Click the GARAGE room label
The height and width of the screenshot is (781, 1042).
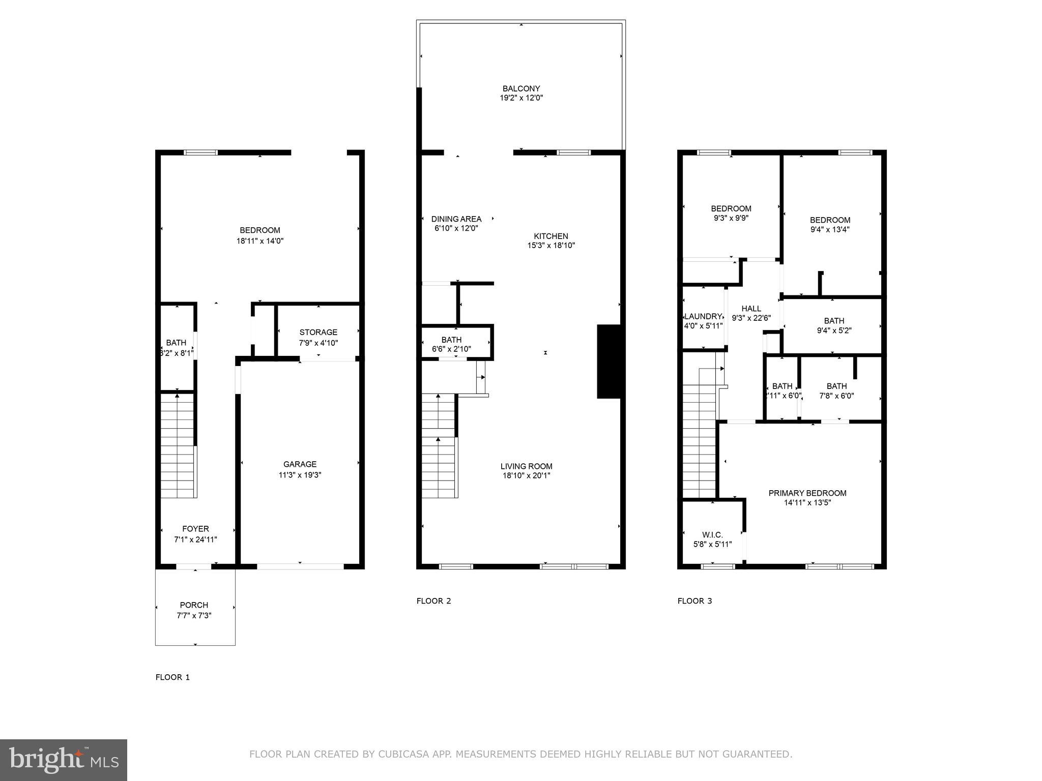[300, 464]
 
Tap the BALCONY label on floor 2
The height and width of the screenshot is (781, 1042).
[521, 88]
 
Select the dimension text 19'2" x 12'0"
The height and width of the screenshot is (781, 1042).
[521, 98]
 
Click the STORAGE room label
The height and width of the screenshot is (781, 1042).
[318, 333]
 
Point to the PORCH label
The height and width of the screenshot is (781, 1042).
[194, 605]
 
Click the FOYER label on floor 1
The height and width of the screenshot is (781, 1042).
[195, 529]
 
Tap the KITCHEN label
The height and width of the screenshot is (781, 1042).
[551, 236]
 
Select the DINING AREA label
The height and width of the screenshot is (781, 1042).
[456, 219]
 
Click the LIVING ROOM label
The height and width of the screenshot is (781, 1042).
[526, 466]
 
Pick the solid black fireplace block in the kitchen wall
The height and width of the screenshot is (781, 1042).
[609, 361]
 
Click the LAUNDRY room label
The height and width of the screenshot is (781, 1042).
[703, 316]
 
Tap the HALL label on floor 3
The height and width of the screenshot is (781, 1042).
[751, 309]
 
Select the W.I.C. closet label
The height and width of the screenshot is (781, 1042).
[712, 535]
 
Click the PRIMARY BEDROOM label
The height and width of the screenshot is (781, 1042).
[807, 493]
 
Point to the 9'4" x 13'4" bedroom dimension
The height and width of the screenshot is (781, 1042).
[830, 230]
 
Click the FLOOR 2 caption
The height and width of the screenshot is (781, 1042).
[433, 601]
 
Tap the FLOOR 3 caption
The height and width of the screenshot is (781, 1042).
[694, 601]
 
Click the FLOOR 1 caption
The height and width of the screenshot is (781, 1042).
[172, 677]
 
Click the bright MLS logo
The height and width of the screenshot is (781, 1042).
[64, 760]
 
